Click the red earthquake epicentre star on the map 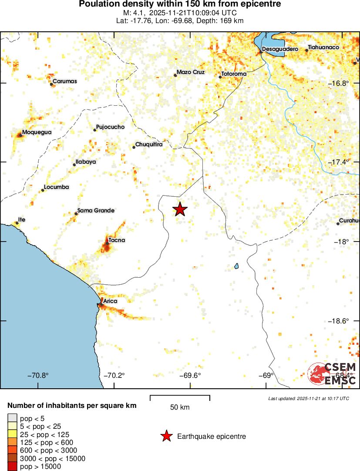tap(180, 209)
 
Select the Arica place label tap(110, 301)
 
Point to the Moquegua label tap(37, 132)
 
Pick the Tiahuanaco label tap(323, 47)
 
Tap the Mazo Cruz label tap(191, 72)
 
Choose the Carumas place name tap(65, 81)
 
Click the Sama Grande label tap(96, 211)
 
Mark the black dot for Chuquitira tap(134, 147)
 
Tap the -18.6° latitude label tap(338, 321)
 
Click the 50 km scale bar tap(180, 397)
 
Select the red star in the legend tap(166, 436)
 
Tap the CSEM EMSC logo tap(332, 373)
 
